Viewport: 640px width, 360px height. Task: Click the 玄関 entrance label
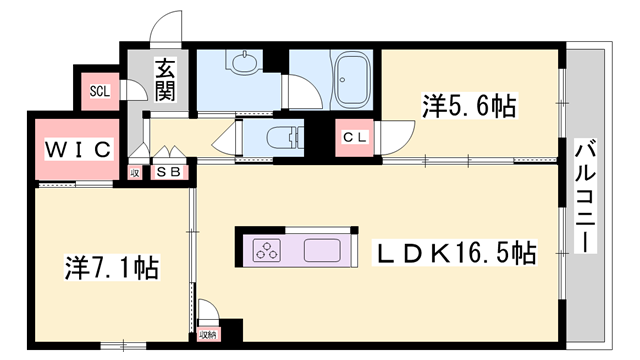165,81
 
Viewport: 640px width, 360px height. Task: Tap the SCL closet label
99,91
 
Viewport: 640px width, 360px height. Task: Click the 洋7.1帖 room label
113,267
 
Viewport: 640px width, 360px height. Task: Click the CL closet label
355,137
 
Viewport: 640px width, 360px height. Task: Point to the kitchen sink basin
322,250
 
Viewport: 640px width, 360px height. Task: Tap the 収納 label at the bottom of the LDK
207,334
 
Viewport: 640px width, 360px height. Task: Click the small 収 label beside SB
135,173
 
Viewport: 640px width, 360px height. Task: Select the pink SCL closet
100,91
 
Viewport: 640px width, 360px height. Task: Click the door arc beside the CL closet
400,134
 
